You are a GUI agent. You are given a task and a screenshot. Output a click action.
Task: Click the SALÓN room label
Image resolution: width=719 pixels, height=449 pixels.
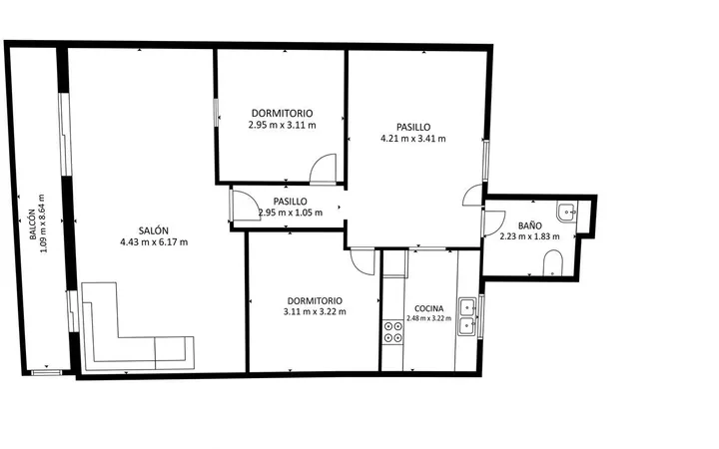point(154,230)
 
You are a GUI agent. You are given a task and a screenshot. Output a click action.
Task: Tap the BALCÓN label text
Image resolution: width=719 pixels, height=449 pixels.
point(32,224)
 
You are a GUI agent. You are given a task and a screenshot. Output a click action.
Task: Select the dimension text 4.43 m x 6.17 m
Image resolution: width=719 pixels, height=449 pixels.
point(154,242)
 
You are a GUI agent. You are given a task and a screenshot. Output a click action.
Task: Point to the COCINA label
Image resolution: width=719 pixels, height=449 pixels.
point(428,308)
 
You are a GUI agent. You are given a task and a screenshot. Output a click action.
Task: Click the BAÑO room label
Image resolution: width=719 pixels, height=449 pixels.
point(530,225)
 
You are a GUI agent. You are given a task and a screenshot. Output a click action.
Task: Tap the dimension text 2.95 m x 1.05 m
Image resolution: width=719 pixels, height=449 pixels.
point(291,213)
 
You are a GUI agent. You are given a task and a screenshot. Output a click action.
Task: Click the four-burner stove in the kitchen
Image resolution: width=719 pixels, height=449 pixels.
point(393,332)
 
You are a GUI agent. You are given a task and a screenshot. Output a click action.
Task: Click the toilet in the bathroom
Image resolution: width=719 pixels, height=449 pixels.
point(552,263)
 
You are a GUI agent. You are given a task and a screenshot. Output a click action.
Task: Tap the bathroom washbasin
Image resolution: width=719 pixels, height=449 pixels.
point(567,212)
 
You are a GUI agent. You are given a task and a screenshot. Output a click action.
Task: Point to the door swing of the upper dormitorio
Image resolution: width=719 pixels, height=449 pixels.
point(324,169)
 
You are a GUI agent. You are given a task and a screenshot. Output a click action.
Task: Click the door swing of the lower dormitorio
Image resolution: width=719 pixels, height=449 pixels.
point(362,261)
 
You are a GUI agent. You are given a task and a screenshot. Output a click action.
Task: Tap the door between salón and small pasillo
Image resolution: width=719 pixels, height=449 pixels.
point(247,205)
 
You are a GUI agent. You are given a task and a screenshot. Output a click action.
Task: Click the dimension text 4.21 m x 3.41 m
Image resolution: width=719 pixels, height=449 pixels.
point(413,139)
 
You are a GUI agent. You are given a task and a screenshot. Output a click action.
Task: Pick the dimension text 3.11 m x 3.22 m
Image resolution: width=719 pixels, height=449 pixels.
point(315,312)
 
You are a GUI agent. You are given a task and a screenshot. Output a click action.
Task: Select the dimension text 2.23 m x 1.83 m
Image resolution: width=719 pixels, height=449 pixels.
point(529,236)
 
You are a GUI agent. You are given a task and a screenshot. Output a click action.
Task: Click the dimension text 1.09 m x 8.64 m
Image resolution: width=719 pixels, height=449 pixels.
point(42,224)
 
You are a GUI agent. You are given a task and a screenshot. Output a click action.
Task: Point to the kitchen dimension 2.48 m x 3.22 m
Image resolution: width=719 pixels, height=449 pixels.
point(428,318)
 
